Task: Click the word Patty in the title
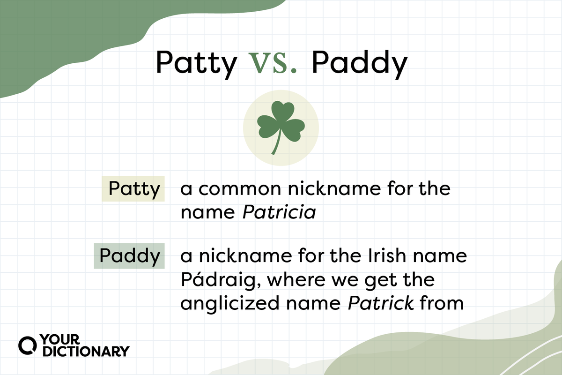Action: (196, 64)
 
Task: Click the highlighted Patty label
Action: (133, 189)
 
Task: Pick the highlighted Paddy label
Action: (129, 256)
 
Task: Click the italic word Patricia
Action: (279, 213)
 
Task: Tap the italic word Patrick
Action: (381, 303)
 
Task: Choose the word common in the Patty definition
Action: (237, 189)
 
